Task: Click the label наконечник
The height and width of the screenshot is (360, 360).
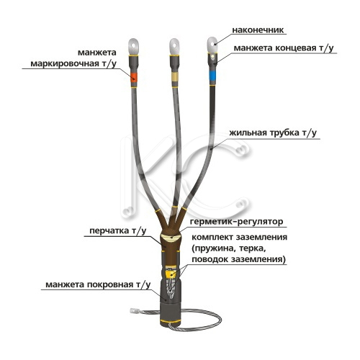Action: [x=258, y=30]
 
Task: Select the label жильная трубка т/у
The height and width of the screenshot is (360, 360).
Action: [x=273, y=132]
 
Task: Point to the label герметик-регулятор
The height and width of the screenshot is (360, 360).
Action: [x=236, y=221]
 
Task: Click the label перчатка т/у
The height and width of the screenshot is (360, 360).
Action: [x=117, y=231]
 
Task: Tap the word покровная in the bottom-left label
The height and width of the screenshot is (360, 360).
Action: [x=110, y=284]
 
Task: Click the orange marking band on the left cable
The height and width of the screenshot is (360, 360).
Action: [x=134, y=77]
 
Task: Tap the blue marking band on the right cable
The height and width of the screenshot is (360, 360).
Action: [x=212, y=76]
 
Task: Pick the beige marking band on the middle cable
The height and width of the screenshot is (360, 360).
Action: [x=175, y=77]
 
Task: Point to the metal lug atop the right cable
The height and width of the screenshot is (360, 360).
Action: [x=212, y=45]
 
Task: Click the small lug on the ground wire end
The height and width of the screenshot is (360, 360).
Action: [x=132, y=311]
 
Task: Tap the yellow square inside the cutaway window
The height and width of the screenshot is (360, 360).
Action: [x=171, y=274]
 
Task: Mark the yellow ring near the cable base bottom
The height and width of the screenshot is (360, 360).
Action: [x=171, y=321]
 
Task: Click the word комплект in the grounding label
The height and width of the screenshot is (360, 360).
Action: [x=212, y=237]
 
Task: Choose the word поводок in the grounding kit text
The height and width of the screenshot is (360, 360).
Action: [x=210, y=259]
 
